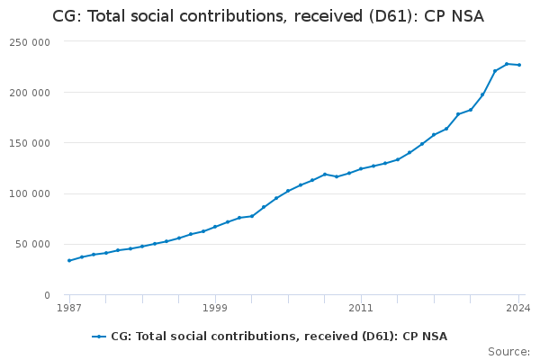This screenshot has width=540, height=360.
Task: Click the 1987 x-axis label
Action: (x=69, y=308)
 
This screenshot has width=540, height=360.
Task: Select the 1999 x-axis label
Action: (x=215, y=308)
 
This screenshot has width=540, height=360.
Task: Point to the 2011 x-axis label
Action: (x=361, y=308)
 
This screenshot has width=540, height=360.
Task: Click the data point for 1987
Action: (x=69, y=261)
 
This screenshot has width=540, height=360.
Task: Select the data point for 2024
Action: (x=519, y=65)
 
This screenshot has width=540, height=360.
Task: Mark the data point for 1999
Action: (x=215, y=227)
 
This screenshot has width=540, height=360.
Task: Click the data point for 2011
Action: (x=361, y=168)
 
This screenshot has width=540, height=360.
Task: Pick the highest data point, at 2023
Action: (x=507, y=64)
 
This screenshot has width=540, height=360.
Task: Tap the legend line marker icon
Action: (x=99, y=337)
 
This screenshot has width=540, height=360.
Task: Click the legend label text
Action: (x=278, y=337)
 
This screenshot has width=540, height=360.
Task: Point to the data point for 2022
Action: (x=495, y=71)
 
